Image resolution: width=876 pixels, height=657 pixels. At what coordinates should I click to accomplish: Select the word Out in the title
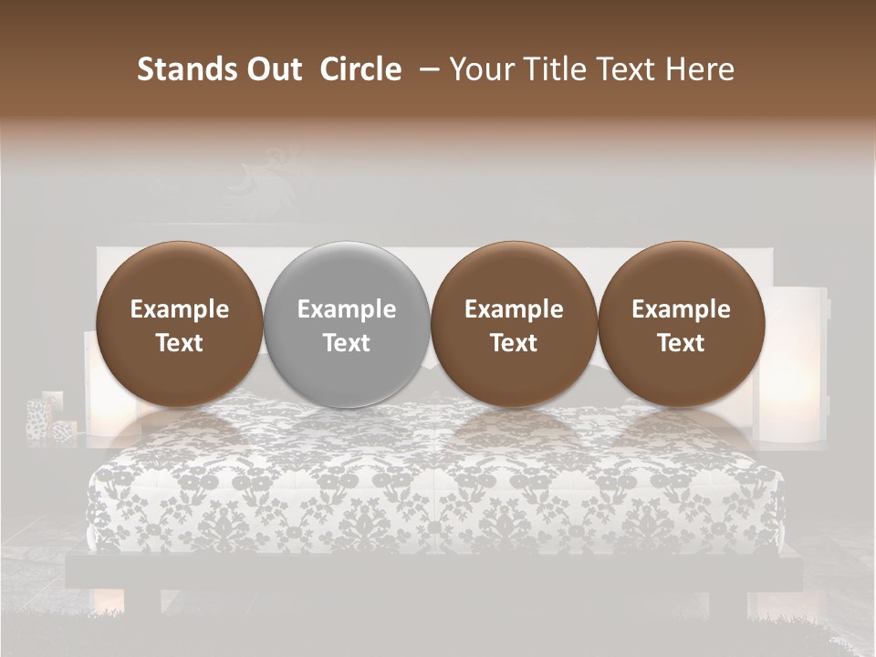(272, 69)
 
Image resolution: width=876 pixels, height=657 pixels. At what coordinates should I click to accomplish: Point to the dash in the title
(425, 70)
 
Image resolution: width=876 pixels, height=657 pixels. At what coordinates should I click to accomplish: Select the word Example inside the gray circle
(347, 309)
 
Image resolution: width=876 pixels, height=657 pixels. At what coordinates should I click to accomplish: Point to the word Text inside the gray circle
(347, 343)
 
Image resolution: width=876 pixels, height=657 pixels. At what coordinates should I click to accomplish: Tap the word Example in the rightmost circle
(681, 309)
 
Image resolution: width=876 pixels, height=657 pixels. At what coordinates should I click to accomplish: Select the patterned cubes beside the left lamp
(50, 418)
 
